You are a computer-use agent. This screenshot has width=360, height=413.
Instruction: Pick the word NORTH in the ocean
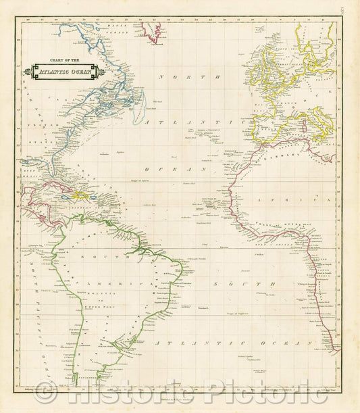(x=182, y=77)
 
